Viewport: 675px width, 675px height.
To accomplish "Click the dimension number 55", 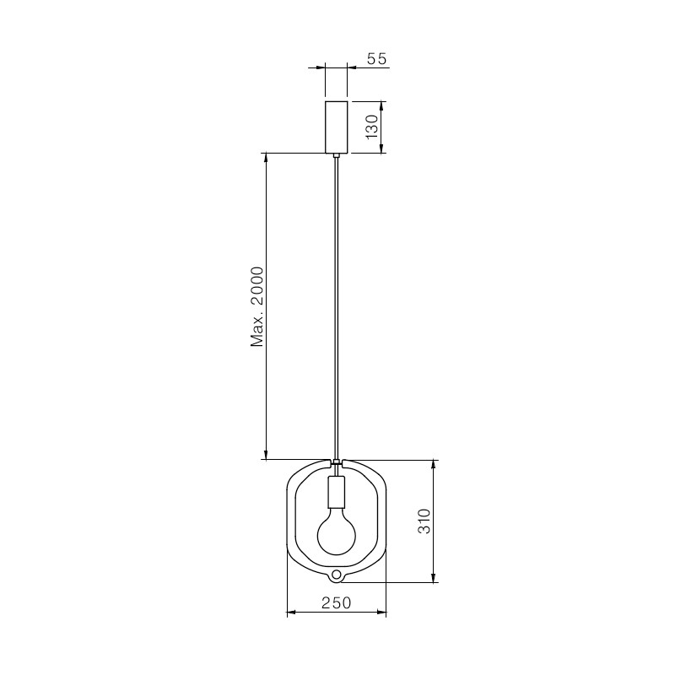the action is pyautogui.click(x=377, y=58).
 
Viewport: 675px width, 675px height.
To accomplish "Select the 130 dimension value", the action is pyautogui.click(x=372, y=127).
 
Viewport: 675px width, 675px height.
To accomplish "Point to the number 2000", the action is pyautogui.click(x=257, y=286).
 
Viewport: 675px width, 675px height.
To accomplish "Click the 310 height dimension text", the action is pyautogui.click(x=424, y=521).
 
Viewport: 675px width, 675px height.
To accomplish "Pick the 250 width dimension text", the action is pyautogui.click(x=336, y=603).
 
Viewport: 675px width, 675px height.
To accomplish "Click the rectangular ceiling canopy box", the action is pyautogui.click(x=336, y=127).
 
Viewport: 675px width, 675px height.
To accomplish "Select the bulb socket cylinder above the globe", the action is pyautogui.click(x=337, y=491).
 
